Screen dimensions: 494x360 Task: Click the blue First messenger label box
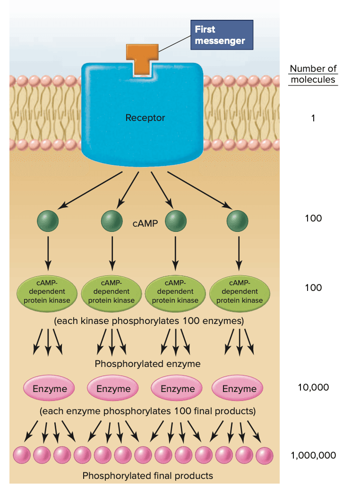coord(221,35)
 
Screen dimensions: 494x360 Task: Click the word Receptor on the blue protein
coord(145,118)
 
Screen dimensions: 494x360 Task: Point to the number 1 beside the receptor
coord(313,118)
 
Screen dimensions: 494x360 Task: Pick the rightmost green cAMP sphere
coord(237,221)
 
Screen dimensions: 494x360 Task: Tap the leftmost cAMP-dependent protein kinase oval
coord(47,291)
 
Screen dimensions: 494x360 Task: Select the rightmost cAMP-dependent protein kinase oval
coord(239,291)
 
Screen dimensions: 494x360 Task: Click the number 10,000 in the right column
coord(313,387)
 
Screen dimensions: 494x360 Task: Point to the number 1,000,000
coord(313,455)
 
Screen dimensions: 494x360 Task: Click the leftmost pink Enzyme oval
coord(49,389)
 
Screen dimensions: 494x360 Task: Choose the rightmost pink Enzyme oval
coord(239,389)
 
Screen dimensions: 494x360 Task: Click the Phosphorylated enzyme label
coord(147,364)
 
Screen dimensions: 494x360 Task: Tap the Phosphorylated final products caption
coord(147,476)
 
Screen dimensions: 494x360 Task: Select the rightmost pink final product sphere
coord(264,455)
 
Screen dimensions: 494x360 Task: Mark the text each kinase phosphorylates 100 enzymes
coord(149,321)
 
